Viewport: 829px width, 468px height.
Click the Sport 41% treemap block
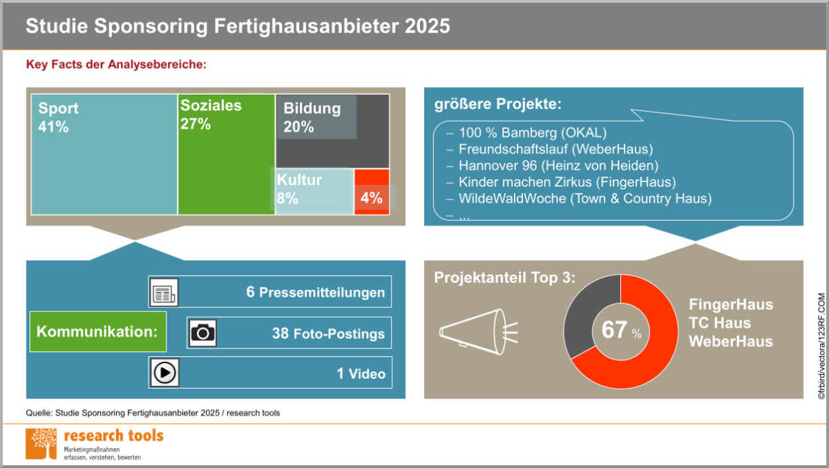[104, 155]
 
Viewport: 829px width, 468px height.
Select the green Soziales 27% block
[226, 155]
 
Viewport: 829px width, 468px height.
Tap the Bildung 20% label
[312, 117]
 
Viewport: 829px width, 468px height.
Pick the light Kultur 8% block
[314, 191]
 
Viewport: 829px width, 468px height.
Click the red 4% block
[372, 191]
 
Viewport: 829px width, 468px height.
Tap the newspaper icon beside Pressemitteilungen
[164, 293]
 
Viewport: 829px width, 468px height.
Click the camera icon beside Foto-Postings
[202, 333]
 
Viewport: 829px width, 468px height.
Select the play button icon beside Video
[164, 373]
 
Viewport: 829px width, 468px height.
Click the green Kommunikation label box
[98, 331]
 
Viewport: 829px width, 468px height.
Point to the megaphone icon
[479, 332]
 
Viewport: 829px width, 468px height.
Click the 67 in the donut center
[614, 329]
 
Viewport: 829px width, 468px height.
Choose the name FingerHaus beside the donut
[731, 304]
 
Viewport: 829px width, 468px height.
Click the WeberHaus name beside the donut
[731, 341]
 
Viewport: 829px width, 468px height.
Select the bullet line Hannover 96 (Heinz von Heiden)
[558, 166]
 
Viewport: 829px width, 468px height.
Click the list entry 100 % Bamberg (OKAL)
[533, 133]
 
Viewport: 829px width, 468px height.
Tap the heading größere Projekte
[498, 104]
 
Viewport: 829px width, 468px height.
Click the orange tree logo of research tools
[41, 444]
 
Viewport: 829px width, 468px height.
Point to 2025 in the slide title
[427, 26]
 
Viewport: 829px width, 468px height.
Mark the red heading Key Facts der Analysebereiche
[116, 64]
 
